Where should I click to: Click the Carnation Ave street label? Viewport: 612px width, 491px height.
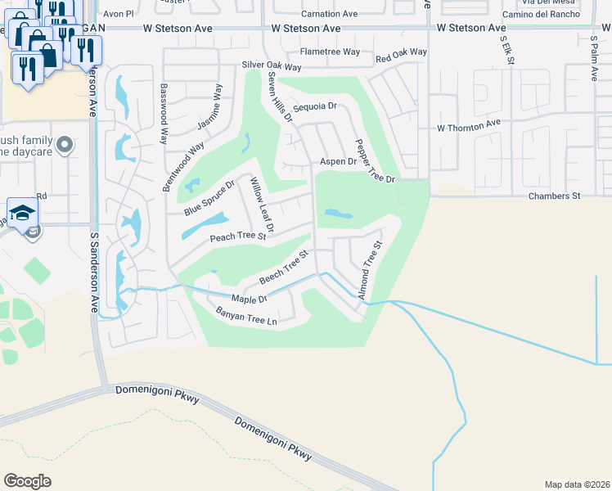click(x=330, y=14)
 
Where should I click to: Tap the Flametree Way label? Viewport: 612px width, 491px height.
click(x=331, y=52)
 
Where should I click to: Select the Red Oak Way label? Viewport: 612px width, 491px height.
click(x=401, y=52)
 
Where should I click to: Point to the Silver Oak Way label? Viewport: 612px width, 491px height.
click(x=272, y=66)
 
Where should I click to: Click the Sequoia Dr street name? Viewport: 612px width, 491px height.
click(x=315, y=106)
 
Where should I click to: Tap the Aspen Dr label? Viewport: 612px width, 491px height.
click(x=338, y=162)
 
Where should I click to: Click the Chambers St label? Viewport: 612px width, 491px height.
click(x=554, y=196)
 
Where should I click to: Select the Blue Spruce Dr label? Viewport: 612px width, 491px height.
click(x=209, y=197)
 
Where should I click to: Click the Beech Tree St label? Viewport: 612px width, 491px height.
click(x=283, y=268)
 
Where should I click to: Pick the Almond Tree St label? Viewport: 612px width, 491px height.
click(x=370, y=268)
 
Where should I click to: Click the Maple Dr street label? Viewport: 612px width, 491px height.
click(x=250, y=299)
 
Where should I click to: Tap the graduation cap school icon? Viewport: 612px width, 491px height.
click(x=23, y=213)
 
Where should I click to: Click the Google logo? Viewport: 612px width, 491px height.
click(x=27, y=481)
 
